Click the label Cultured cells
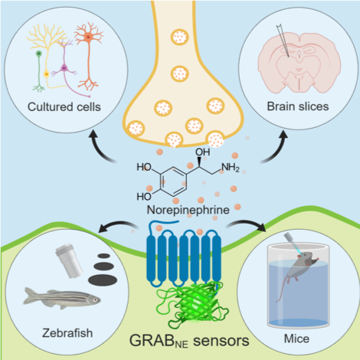point(64,106)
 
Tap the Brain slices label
point(298,106)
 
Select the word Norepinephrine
point(188,210)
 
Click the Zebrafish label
point(67,333)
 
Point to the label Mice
point(296,339)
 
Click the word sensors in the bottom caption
point(221,341)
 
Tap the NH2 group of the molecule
point(231,168)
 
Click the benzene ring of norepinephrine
point(173,182)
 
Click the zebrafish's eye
point(95,300)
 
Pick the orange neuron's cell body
point(88,38)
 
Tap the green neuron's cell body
point(39,54)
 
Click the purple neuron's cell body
point(64,68)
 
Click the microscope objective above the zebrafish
point(69,261)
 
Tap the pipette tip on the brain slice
point(289,56)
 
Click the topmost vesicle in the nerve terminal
point(180,37)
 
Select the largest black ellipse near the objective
point(103,280)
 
